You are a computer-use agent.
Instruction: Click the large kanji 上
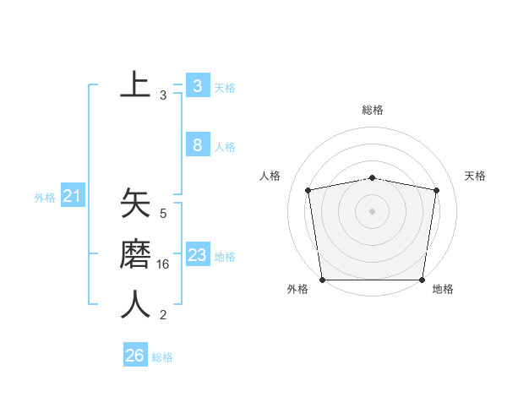(x=135, y=84)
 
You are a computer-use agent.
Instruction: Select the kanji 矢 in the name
(x=135, y=205)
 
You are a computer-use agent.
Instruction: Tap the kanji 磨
(x=135, y=255)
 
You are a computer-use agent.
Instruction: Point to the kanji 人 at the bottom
(x=135, y=305)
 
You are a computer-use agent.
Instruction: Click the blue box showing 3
(x=197, y=86)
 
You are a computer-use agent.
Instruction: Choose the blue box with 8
(x=197, y=145)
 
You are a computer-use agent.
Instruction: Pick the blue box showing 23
(x=197, y=255)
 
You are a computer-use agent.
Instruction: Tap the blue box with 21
(x=72, y=197)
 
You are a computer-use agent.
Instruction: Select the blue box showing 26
(x=134, y=356)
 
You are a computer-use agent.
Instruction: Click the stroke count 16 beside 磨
(x=163, y=264)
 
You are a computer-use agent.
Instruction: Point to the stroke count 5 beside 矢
(x=163, y=215)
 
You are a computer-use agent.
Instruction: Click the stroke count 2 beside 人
(x=163, y=315)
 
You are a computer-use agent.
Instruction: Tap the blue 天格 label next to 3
(x=225, y=88)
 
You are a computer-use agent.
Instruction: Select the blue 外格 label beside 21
(x=45, y=198)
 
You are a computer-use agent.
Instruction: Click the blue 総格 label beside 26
(x=162, y=357)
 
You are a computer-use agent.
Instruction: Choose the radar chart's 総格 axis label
(x=373, y=110)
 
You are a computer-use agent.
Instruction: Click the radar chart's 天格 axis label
(x=475, y=176)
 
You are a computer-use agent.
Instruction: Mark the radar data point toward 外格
(x=322, y=280)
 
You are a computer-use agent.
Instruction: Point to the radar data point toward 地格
(x=422, y=280)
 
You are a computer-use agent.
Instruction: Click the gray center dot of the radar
(x=373, y=210)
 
